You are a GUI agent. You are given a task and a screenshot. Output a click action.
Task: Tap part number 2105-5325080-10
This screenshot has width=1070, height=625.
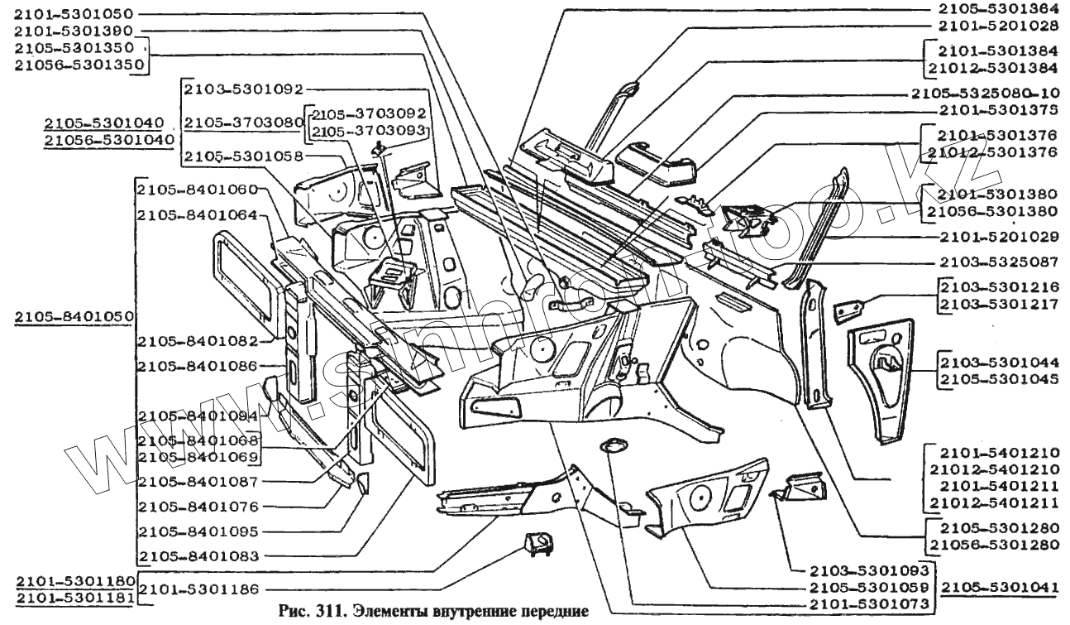pyautogui.click(x=984, y=93)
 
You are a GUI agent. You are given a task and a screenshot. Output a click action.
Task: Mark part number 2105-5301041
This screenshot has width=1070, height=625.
pyautogui.click(x=1000, y=587)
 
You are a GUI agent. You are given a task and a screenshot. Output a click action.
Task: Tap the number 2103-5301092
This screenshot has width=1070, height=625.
pyautogui.click(x=244, y=89)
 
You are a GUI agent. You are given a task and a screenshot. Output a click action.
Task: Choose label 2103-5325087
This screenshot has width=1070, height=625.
pyautogui.click(x=998, y=262)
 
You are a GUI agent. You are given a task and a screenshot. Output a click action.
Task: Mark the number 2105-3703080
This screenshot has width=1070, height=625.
pyautogui.click(x=244, y=123)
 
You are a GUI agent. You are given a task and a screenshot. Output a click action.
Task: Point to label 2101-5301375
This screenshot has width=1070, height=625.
pyautogui.click(x=998, y=109)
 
